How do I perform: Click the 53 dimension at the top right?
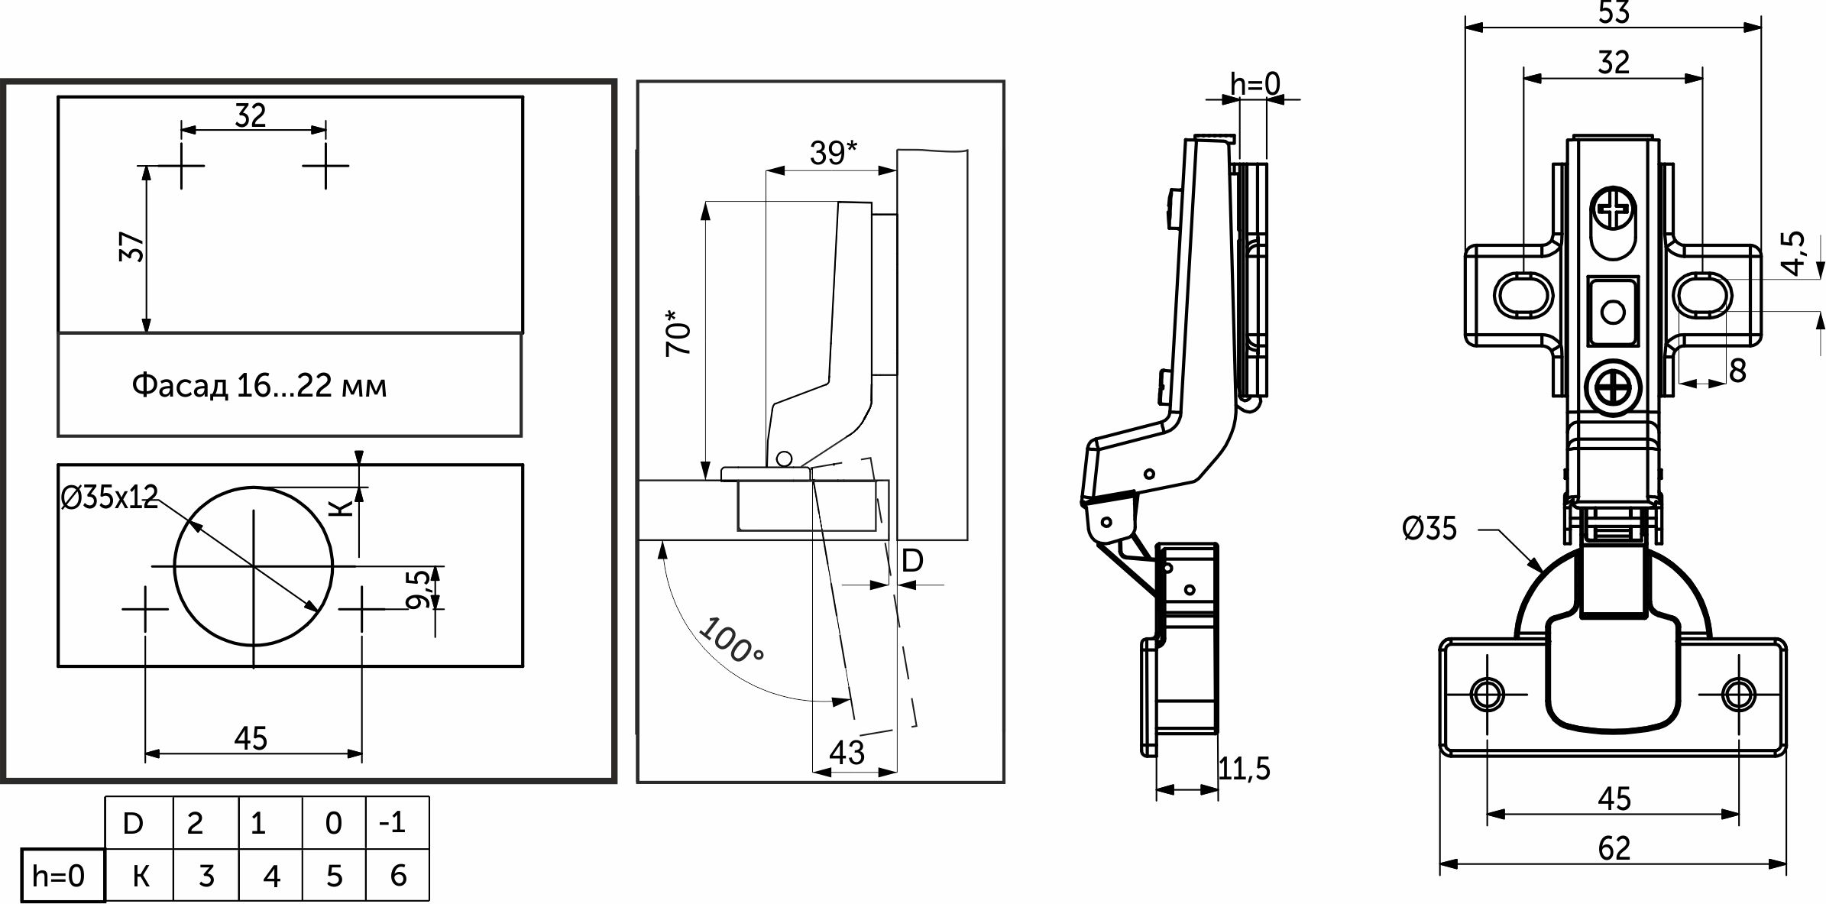1614,12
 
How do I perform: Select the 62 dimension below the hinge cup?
1614,848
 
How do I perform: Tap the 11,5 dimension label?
1245,769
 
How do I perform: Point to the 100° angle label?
731,640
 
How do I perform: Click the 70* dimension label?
678,333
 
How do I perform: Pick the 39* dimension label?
833,154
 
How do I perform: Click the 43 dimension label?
847,753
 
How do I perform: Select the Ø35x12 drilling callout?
109,498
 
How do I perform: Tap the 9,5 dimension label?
419,589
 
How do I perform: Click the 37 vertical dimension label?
132,247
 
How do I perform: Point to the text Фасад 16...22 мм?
260,386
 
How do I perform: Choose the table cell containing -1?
397,822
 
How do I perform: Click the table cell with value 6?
398,876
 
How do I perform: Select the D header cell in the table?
134,823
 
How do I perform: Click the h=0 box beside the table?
59,876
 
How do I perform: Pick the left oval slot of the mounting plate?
1523,295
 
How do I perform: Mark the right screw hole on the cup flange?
1739,695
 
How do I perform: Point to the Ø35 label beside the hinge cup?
1429,529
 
